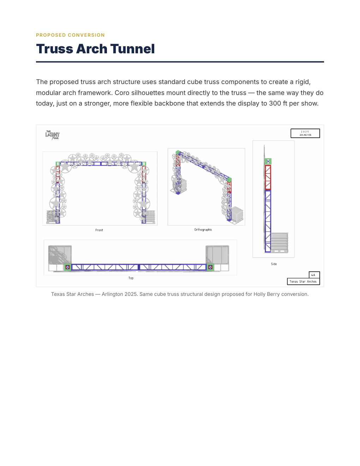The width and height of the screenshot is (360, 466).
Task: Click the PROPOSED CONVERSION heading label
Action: click(x=70, y=35)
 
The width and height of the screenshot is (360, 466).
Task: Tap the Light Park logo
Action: click(x=53, y=135)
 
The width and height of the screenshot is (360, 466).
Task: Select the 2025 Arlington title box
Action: click(x=305, y=133)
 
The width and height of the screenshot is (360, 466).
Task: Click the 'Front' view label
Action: click(x=99, y=230)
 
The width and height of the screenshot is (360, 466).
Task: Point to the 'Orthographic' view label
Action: click(x=203, y=230)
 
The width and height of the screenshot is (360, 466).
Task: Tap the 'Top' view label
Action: click(x=131, y=278)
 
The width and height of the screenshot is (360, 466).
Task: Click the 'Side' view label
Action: click(x=274, y=264)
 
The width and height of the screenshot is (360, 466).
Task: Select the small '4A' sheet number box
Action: click(x=314, y=275)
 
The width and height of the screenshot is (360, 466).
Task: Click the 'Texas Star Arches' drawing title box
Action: click(x=303, y=281)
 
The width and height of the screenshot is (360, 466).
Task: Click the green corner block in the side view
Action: click(x=268, y=161)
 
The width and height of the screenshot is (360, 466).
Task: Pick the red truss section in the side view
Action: click(x=268, y=177)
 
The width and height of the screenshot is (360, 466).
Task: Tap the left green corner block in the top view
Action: click(x=67, y=267)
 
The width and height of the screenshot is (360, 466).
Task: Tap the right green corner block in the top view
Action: click(x=210, y=267)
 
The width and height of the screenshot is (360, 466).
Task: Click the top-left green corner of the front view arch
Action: click(x=57, y=164)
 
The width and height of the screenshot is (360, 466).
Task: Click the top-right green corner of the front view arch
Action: click(x=144, y=164)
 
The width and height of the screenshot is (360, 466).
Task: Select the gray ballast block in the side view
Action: click(x=279, y=242)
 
